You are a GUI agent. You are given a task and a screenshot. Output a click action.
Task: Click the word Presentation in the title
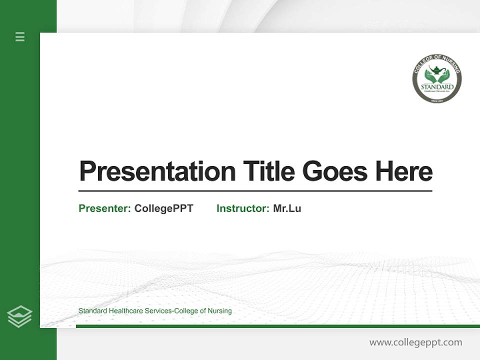point(157,171)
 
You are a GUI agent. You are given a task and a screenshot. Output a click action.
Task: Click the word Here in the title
point(404,171)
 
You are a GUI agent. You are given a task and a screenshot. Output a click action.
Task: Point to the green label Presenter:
point(105,208)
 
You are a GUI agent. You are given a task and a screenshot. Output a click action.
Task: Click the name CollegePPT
point(164,208)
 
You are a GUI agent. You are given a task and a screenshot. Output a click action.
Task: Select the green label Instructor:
point(243,208)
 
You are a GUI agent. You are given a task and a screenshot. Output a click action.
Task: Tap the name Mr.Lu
point(287,208)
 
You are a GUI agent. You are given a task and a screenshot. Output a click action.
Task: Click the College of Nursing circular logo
point(437,79)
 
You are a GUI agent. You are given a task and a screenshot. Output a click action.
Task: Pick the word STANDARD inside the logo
point(437,86)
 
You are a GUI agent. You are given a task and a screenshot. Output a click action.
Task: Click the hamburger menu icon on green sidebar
point(20,36)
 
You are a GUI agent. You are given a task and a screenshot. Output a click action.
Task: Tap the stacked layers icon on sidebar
point(19,316)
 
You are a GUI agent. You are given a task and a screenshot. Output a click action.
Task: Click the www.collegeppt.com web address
point(415,342)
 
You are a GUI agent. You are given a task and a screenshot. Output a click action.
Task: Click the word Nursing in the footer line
point(220,311)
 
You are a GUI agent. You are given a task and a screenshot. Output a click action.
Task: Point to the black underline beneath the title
point(255,191)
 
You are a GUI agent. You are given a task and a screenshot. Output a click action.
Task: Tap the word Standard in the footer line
point(92,311)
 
